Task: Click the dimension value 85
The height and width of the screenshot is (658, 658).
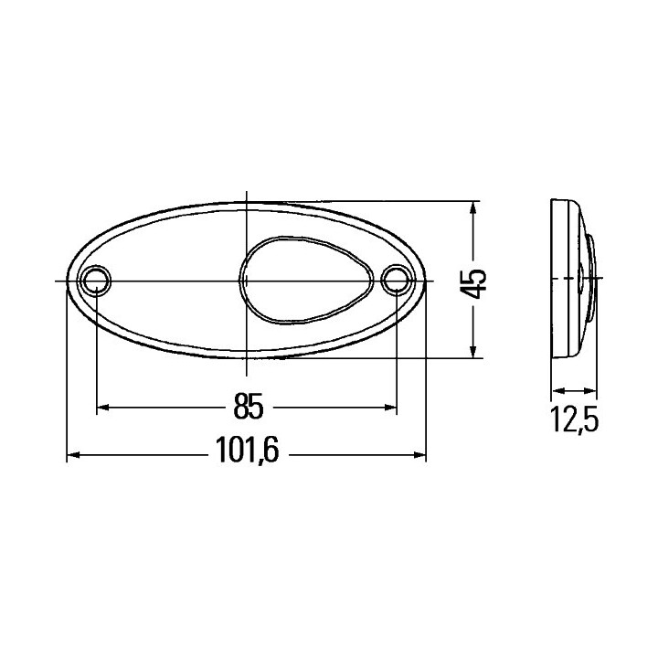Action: tap(249, 406)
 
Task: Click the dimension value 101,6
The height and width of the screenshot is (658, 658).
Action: tap(247, 451)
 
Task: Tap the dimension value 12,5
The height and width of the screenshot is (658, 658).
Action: tap(574, 420)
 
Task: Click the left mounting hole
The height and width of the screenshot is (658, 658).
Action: tap(97, 280)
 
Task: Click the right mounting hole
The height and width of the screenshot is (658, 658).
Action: tap(396, 280)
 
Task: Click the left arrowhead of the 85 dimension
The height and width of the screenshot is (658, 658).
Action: tap(103, 407)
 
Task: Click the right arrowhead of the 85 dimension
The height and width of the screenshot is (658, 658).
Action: tap(390, 407)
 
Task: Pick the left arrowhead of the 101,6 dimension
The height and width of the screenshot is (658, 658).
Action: tap(74, 455)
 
